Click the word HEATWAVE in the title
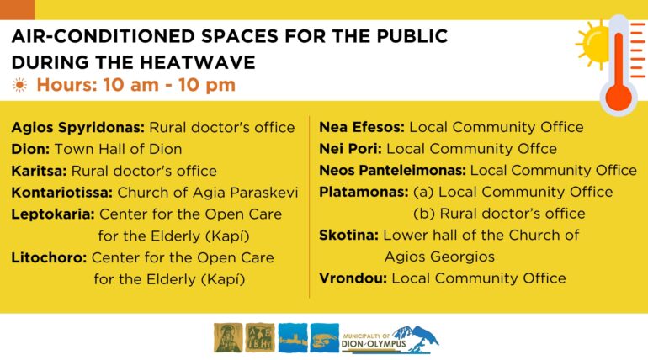(x=196, y=63)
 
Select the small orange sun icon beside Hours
(x=19, y=85)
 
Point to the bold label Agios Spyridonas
(x=78, y=128)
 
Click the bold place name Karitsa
(x=40, y=171)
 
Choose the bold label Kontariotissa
(x=62, y=193)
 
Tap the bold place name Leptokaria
(x=53, y=214)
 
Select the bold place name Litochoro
(x=49, y=257)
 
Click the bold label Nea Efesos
(x=362, y=127)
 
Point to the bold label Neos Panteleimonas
(x=393, y=170)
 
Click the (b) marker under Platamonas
(x=424, y=214)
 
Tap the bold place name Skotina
(x=348, y=235)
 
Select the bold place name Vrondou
(x=353, y=278)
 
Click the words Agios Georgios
(x=439, y=257)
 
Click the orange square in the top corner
(x=17, y=9)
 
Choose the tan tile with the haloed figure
(x=228, y=337)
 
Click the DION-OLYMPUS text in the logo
(x=374, y=344)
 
